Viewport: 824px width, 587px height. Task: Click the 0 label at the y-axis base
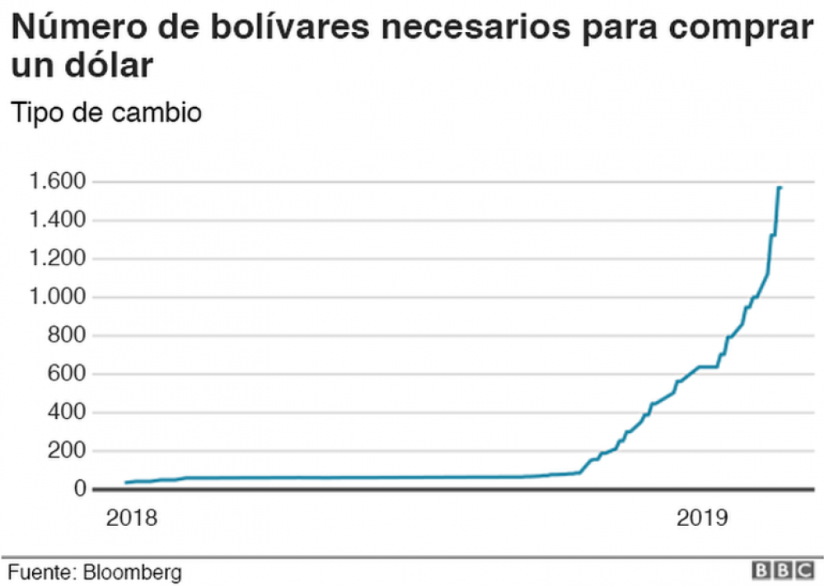(x=80, y=490)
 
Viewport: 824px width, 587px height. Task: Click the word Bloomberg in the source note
(x=132, y=571)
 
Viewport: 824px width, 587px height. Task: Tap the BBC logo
(x=781, y=571)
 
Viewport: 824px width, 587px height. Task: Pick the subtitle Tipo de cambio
(x=105, y=112)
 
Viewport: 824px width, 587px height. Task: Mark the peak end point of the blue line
(x=780, y=188)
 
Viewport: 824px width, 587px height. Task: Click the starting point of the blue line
(x=126, y=482)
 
